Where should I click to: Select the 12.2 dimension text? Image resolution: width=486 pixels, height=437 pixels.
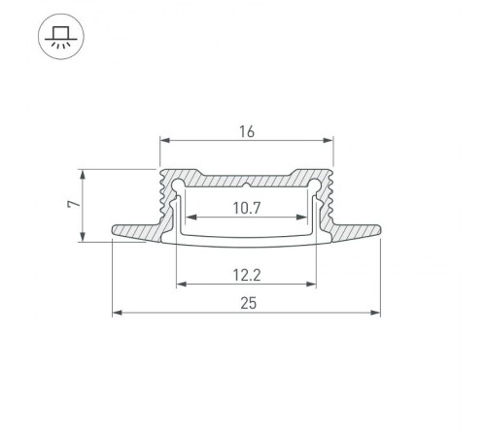(247, 275)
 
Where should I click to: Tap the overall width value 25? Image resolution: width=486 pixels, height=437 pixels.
(247, 303)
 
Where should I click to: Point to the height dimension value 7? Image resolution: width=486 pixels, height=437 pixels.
(71, 205)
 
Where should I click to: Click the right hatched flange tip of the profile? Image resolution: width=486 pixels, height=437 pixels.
(375, 231)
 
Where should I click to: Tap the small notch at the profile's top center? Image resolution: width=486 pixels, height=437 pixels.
(247, 183)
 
